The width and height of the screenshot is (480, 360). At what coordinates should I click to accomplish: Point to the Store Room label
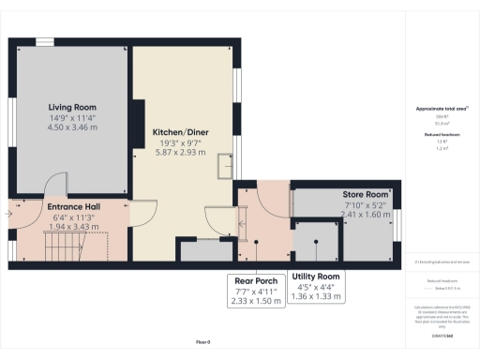point(340,195)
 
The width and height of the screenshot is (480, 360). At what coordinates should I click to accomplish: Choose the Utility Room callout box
point(315,286)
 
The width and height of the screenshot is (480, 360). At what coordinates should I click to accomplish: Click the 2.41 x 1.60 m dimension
point(341,215)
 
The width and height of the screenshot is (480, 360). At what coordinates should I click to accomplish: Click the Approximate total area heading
point(441,109)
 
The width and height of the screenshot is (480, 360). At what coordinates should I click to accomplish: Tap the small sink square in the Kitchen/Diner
point(225,166)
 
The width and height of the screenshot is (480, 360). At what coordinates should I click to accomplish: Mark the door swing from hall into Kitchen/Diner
point(142,211)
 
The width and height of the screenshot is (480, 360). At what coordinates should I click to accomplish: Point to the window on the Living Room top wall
point(44,39)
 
